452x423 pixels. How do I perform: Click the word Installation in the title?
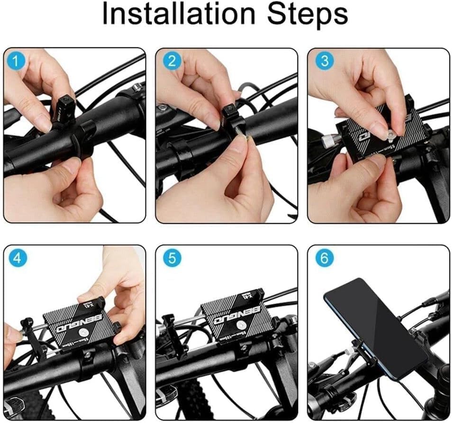[180, 16]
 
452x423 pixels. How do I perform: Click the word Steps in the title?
[307, 16]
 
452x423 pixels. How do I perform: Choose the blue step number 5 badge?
[172, 258]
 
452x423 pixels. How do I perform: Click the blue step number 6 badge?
[324, 258]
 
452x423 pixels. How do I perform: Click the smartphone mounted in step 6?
[374, 327]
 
